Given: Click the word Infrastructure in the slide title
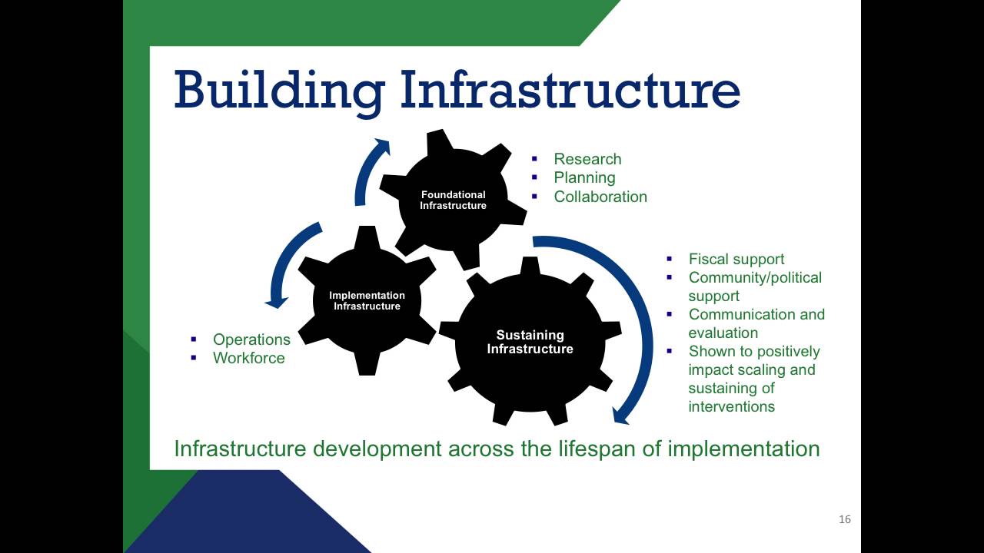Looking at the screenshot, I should coord(570,89).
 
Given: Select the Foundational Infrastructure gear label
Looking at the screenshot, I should coord(453,200).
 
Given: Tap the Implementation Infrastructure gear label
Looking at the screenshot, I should coord(367,301).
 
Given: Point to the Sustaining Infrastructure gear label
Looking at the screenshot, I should coord(530,342).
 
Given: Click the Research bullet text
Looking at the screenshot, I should coord(587,160).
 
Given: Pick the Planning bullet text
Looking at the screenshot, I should coord(584,178).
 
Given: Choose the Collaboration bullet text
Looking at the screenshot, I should coord(600,197).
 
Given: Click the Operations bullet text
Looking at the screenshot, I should coord(251,339).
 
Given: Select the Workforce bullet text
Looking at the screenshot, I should coord(248,358).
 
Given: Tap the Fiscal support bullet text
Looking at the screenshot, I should coord(736,260).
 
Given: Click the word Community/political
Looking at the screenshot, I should coord(755,278).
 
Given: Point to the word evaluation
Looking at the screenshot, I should coord(723,333).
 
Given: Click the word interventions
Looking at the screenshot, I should coord(731,407).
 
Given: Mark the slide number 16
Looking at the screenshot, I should coord(844,520).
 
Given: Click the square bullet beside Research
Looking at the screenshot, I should coord(534,160).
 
